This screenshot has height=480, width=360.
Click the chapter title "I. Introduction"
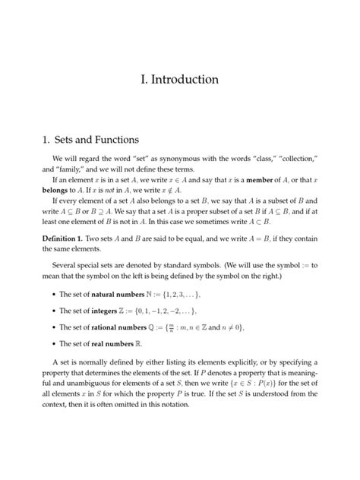coord(180,79)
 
